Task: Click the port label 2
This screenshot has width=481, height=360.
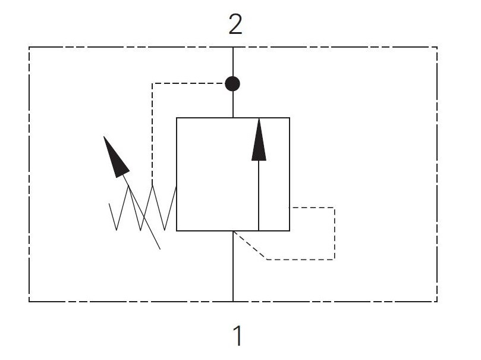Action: tap(235, 24)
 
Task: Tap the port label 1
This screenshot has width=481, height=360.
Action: tap(238, 336)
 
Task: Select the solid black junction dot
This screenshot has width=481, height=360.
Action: tap(232, 84)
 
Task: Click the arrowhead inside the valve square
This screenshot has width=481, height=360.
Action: tap(259, 140)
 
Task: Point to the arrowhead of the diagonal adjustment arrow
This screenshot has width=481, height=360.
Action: tap(115, 158)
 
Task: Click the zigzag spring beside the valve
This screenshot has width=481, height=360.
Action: tap(143, 208)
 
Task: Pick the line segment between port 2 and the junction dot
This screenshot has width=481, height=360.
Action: tap(233, 62)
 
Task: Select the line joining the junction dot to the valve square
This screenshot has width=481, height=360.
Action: tap(233, 104)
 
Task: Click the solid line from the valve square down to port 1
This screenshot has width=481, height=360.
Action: tap(233, 266)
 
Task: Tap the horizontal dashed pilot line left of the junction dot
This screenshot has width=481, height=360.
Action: tap(188, 83)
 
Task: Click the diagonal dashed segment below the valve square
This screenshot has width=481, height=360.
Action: tap(250, 246)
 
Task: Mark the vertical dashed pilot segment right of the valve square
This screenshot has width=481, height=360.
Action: tap(334, 234)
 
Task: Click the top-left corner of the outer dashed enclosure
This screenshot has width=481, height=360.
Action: tap(29, 47)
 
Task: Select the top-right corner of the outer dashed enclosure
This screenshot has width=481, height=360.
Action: tap(437, 47)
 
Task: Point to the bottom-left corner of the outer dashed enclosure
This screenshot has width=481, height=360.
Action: tap(29, 302)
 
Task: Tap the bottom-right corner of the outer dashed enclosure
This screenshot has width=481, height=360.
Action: tap(437, 302)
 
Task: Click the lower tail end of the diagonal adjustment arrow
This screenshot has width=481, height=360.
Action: tap(160, 249)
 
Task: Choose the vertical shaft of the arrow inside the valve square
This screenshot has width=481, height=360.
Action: tap(259, 196)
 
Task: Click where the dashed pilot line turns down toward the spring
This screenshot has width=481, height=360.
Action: tap(152, 83)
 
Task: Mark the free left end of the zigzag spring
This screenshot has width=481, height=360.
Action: tap(109, 204)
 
